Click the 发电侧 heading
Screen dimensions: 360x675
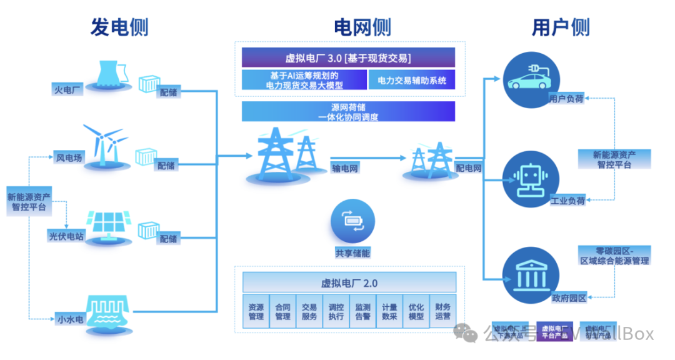point(119,27)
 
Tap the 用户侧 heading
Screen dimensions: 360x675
point(561,27)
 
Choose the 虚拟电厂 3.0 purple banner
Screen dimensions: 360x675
point(348,58)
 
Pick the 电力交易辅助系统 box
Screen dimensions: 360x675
point(411,79)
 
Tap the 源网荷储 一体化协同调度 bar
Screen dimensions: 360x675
point(348,111)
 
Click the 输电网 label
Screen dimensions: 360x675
point(345,168)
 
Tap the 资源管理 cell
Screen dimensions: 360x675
point(256,311)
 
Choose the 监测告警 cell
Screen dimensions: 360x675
point(362,311)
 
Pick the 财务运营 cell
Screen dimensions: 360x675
point(442,311)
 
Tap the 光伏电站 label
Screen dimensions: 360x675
point(66,236)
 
